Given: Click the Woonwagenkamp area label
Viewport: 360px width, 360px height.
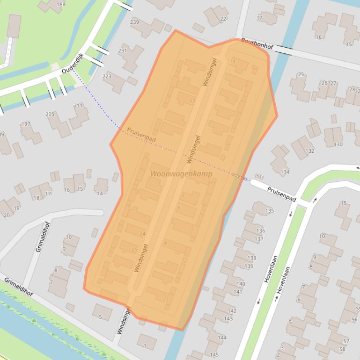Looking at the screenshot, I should [x=181, y=174].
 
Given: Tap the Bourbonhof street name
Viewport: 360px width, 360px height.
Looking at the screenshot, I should [x=257, y=43].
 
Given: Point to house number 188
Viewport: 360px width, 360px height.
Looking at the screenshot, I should [x=61, y=4].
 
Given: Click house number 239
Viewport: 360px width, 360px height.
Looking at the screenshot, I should [x=134, y=22].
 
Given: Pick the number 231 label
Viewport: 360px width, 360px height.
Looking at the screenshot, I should [x=123, y=51].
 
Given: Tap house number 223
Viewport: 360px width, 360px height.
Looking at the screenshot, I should [x=107, y=76].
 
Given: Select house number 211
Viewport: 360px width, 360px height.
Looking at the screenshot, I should [x=78, y=106].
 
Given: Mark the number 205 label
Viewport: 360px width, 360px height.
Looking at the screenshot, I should [x=50, y=114].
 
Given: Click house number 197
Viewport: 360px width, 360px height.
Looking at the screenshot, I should [x=26, y=124].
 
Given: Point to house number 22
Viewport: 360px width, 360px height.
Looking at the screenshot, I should [x=223, y=19].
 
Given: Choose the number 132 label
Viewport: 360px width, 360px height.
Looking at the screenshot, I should [x=309, y=151].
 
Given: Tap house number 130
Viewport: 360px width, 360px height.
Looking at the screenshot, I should [x=338, y=144].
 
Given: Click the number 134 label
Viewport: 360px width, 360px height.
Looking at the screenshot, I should [x=285, y=172].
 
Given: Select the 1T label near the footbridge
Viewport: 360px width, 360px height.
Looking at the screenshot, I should [x=259, y=176].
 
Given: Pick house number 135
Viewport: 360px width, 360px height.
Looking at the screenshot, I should [x=269, y=210].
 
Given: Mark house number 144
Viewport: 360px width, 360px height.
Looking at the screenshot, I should [x=222, y=337].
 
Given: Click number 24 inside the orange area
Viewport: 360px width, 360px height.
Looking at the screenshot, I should [x=142, y=234].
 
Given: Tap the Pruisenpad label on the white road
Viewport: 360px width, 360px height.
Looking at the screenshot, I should [x=281, y=194].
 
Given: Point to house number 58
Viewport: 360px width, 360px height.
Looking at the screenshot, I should [x=342, y=349].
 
